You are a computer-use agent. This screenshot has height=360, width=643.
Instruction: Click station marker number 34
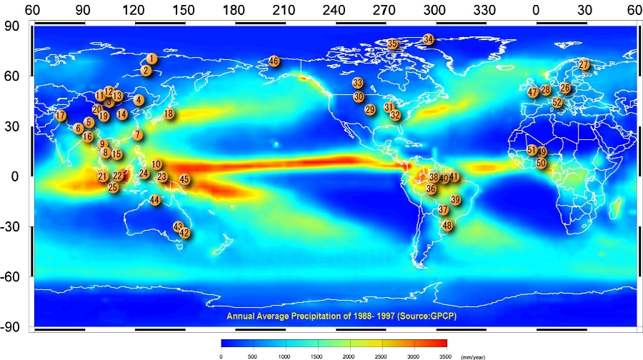(x=428, y=39)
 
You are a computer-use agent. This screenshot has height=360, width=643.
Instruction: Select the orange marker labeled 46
(x=274, y=61)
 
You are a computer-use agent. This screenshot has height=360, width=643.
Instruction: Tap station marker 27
(x=584, y=65)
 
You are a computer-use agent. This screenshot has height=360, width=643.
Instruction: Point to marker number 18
(x=169, y=114)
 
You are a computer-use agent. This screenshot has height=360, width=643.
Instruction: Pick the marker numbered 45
(x=184, y=179)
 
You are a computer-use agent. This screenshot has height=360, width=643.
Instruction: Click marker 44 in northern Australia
(x=155, y=200)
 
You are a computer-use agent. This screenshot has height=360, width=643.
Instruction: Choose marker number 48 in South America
(x=447, y=225)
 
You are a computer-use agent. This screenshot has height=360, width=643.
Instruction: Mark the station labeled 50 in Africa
(x=541, y=163)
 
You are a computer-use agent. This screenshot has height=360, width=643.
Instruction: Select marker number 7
(x=137, y=135)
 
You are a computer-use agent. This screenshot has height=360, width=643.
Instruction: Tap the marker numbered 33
(x=357, y=83)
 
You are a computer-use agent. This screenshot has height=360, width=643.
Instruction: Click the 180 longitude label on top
(x=235, y=11)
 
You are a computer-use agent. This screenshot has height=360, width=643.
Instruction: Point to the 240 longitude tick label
(x=336, y=11)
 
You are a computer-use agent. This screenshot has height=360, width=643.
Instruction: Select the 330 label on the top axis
(x=486, y=11)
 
